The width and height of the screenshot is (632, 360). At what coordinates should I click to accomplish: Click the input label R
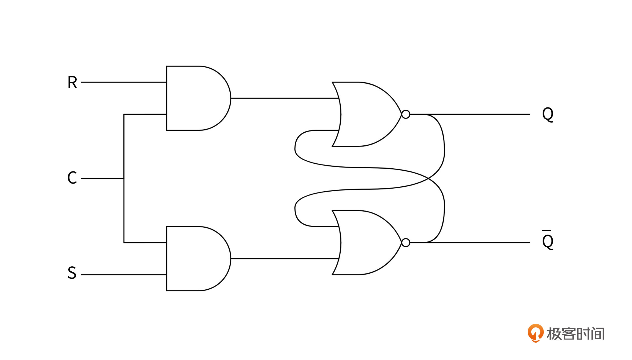click(72, 82)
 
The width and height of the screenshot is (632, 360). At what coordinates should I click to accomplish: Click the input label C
click(72, 178)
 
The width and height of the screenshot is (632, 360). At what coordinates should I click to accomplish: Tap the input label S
click(72, 273)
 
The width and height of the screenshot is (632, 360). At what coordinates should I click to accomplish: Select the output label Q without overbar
click(548, 114)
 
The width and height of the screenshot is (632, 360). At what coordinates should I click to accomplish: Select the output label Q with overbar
click(548, 240)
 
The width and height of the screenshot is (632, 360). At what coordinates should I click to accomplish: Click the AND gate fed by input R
click(198, 98)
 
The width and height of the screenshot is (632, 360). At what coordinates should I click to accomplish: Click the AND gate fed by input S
click(198, 259)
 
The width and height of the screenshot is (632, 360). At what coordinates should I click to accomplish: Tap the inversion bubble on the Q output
click(406, 114)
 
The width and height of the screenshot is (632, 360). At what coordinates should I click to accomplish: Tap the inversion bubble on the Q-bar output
click(406, 243)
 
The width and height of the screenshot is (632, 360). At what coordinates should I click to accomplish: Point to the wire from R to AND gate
click(124, 82)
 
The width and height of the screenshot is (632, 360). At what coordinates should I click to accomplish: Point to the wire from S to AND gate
click(124, 275)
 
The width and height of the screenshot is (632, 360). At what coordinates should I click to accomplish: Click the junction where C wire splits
click(124, 178)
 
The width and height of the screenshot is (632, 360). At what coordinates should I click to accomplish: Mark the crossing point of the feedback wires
click(428, 178)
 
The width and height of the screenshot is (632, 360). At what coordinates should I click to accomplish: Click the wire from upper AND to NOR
click(285, 98)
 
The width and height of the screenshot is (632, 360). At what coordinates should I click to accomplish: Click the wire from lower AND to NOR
click(285, 259)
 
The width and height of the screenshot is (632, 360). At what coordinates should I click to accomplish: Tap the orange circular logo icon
click(536, 333)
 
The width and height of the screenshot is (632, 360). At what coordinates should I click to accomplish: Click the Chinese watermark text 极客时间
click(576, 333)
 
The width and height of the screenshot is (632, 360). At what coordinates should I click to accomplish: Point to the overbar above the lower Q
click(546, 230)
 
